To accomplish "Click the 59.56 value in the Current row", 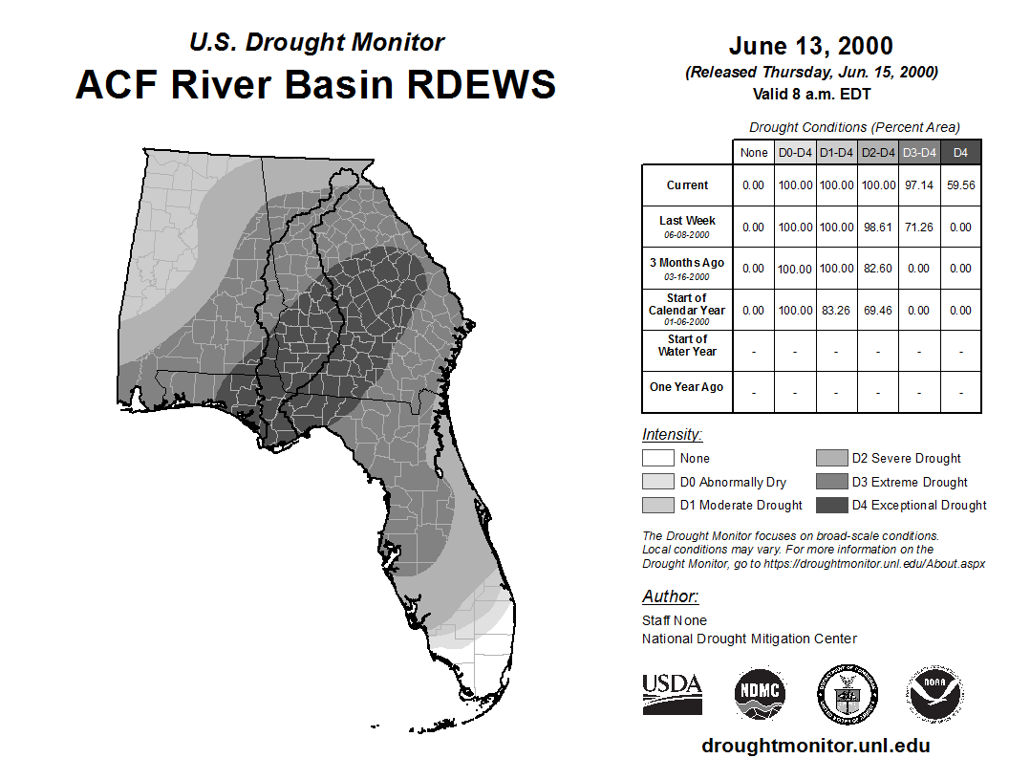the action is [x=960, y=185].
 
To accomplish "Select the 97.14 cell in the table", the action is [x=919, y=185].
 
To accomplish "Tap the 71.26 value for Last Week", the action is [x=919, y=227].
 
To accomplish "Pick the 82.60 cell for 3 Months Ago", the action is [x=878, y=269].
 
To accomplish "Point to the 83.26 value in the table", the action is [x=836, y=311].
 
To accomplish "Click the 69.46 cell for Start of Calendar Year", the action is [x=878, y=311].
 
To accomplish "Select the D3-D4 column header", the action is [x=919, y=153].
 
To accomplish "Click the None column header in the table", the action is [x=754, y=153].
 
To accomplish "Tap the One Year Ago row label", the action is [x=687, y=387].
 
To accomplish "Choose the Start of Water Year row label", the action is [x=687, y=345].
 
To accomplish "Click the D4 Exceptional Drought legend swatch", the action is [x=831, y=506].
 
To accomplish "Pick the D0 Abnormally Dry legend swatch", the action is [x=657, y=482].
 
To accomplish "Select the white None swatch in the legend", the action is [x=657, y=458].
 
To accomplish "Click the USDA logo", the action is [x=672, y=694].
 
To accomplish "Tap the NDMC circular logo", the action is [x=760, y=694].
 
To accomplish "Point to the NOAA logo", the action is [x=934, y=694].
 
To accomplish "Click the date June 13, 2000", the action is [x=811, y=46].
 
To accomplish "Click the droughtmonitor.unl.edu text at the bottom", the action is [x=816, y=746].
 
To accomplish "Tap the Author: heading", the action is [x=670, y=596].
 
